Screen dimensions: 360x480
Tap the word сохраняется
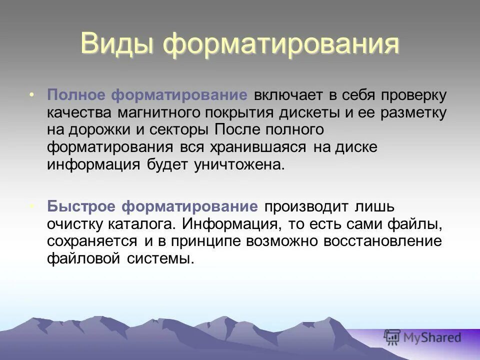[x=92, y=241]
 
